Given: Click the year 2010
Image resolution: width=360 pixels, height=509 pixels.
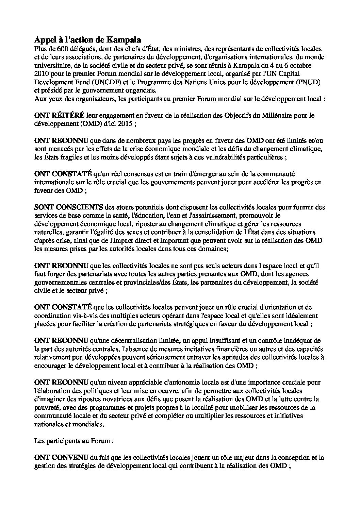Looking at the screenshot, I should [41, 74].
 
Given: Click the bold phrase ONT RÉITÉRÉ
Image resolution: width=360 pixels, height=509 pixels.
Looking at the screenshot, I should [59, 116].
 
